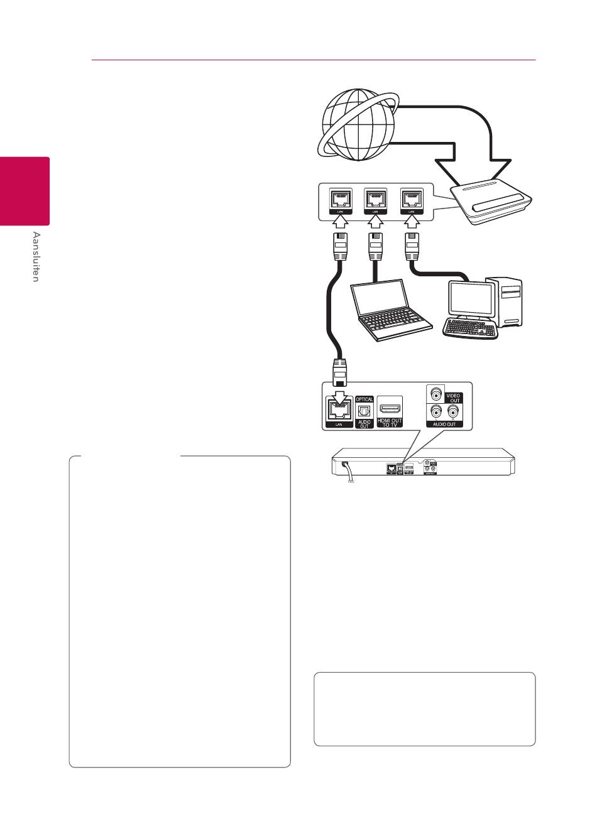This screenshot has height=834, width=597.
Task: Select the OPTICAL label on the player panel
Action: pyautogui.click(x=364, y=399)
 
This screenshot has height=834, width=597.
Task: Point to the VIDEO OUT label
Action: pyautogui.click(x=453, y=398)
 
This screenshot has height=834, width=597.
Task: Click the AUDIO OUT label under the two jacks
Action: pyautogui.click(x=444, y=425)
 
